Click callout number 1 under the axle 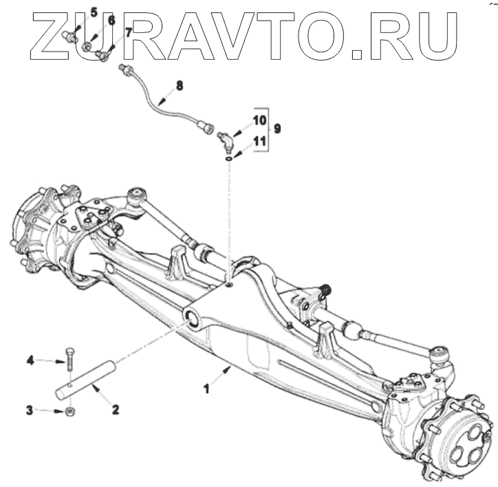coord(205,389)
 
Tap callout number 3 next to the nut coord(30,411)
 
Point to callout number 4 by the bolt coord(30,359)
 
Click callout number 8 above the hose coord(180,86)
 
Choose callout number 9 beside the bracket coord(277,128)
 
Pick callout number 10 coord(258,119)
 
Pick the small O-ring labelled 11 coord(228,158)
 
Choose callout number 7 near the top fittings coord(128,32)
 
